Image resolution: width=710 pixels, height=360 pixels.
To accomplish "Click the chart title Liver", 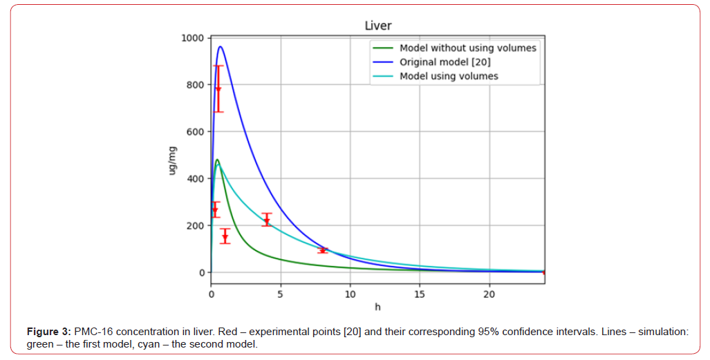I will [378, 26].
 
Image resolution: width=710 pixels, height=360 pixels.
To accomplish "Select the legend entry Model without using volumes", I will [467, 48].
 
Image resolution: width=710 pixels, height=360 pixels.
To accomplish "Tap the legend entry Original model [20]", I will [445, 62].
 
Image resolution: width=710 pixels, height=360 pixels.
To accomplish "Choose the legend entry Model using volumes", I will [449, 76].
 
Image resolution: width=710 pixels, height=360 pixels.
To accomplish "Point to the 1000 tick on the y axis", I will [194, 38].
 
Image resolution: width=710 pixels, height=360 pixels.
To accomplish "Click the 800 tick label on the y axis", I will [196, 85].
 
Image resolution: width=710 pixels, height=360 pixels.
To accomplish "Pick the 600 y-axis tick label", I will [196, 132].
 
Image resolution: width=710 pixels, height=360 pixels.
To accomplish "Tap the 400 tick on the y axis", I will [196, 179].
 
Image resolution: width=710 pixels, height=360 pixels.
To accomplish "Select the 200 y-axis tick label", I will [196, 226].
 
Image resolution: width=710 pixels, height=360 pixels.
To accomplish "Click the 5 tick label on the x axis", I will [281, 294].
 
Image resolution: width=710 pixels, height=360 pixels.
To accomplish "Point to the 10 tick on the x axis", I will [351, 294].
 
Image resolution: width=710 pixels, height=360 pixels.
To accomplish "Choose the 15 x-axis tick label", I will [420, 294].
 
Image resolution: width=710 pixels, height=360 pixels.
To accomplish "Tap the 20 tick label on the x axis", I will [489, 294].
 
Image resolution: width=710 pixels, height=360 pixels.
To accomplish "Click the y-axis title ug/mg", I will [173, 160].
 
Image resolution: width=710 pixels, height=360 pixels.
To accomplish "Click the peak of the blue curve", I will [220, 47].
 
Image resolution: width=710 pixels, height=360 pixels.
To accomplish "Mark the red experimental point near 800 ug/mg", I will [218, 88].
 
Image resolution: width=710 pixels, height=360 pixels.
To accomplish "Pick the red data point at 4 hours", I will [267, 221].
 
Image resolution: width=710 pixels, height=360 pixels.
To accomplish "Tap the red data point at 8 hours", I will [322, 250].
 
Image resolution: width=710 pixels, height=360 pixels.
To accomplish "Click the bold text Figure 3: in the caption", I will [48, 332].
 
